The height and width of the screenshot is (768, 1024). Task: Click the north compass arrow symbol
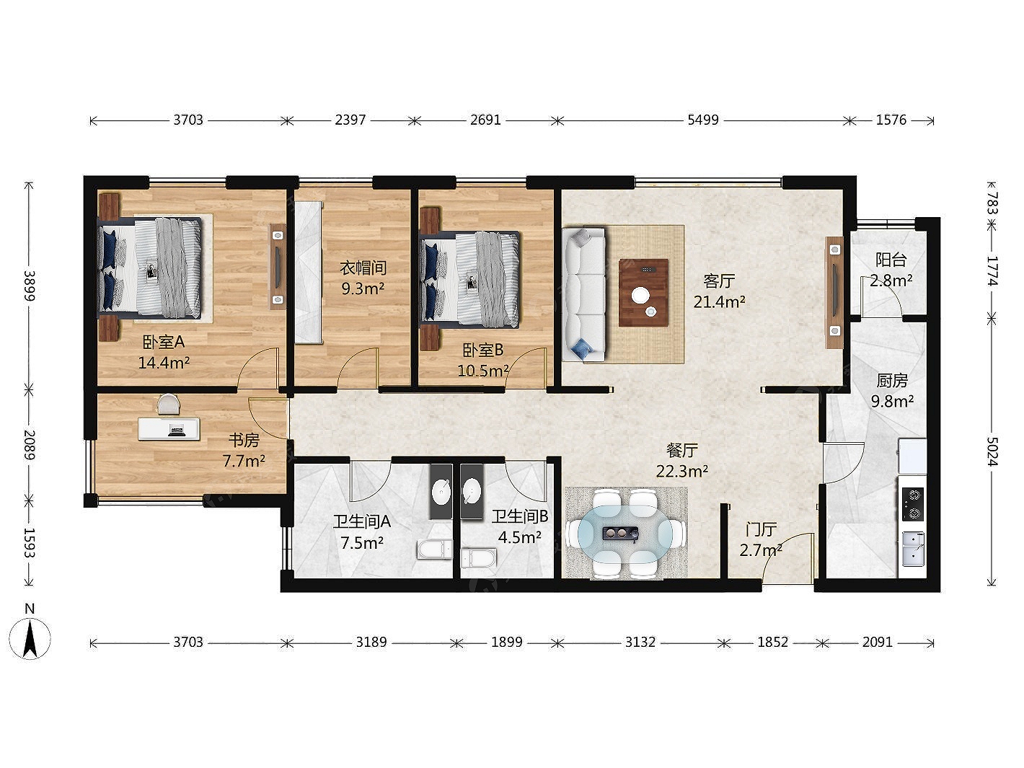(x=30, y=638)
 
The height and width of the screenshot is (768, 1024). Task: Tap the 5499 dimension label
(x=703, y=120)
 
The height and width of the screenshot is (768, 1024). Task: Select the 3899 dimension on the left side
(x=29, y=286)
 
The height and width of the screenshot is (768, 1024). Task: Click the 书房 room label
(x=244, y=440)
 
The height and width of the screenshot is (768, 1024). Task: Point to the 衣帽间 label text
(x=363, y=268)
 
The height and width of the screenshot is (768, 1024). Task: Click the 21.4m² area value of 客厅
(x=719, y=302)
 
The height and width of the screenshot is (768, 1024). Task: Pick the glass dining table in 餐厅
(x=626, y=532)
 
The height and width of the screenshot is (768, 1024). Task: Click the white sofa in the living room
(x=583, y=294)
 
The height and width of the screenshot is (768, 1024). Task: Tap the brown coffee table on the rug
(x=643, y=293)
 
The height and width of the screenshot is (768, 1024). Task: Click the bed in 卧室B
(x=469, y=279)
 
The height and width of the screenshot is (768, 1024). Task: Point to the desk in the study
(x=169, y=429)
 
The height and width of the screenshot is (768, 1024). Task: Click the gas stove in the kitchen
(x=913, y=503)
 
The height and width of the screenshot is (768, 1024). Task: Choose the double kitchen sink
(x=914, y=549)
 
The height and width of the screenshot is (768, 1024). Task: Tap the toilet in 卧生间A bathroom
(x=435, y=549)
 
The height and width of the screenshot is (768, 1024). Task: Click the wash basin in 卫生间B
(x=472, y=492)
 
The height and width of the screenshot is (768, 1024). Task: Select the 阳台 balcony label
(x=891, y=260)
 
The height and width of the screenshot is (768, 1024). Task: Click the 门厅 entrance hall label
(x=760, y=530)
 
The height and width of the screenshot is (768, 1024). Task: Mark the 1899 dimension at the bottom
(x=507, y=643)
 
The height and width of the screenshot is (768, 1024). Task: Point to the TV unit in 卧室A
(x=278, y=266)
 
